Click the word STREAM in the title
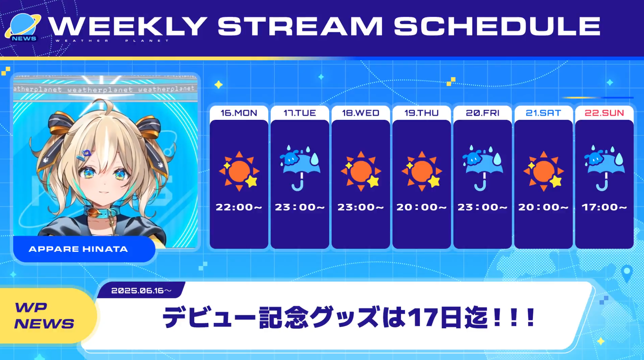click(300, 26)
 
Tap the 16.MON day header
click(239, 113)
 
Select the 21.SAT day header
click(543, 113)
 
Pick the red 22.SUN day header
click(604, 113)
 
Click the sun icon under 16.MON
click(239, 171)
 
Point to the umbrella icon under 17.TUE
click(300, 168)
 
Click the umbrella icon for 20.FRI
click(482, 168)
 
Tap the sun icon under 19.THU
click(421, 171)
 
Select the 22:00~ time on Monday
click(239, 207)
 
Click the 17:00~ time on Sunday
click(604, 207)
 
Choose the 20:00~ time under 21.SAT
click(543, 207)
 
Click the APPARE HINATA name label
click(78, 249)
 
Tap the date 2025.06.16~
click(141, 290)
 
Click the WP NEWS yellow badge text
click(44, 316)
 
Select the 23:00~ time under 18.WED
click(361, 207)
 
